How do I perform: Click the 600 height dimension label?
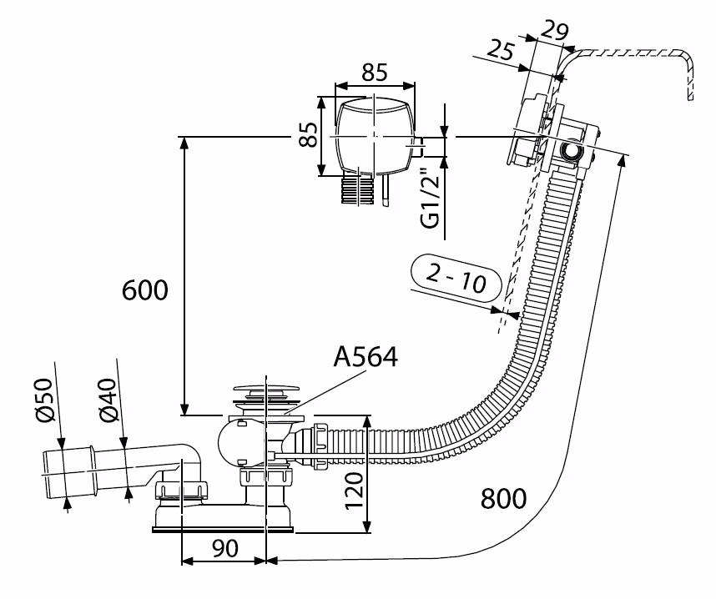(145, 290)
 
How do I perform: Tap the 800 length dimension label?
(503, 499)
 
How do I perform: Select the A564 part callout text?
(366, 357)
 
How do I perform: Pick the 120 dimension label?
(354, 493)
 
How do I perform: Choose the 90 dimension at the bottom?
(224, 549)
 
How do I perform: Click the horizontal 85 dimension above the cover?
(375, 73)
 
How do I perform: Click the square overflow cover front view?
(374, 136)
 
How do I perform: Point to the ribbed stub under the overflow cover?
(360, 189)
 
